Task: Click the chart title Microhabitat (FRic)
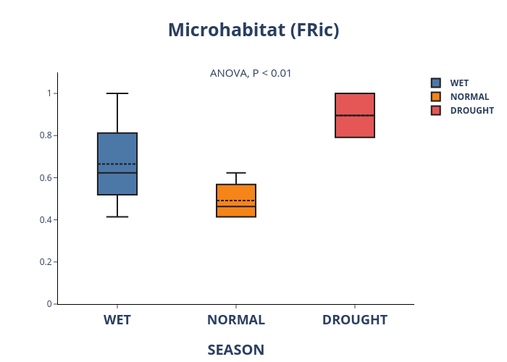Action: (253, 30)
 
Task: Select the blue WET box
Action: (117, 164)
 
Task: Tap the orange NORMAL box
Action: (236, 201)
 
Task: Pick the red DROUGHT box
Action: (355, 115)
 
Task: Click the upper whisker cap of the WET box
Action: (117, 93)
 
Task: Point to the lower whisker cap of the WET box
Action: (117, 216)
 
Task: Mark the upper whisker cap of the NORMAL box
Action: (236, 173)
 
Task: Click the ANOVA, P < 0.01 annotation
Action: (251, 73)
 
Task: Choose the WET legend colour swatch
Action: (436, 83)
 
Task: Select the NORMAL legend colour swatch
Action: (436, 96)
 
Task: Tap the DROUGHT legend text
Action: (472, 111)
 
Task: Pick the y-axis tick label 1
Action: (49, 93)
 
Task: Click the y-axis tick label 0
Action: (49, 304)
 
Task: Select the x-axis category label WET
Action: (117, 320)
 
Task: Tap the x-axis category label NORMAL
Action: (236, 320)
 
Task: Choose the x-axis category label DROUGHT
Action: (355, 320)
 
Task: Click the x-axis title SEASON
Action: (236, 350)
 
